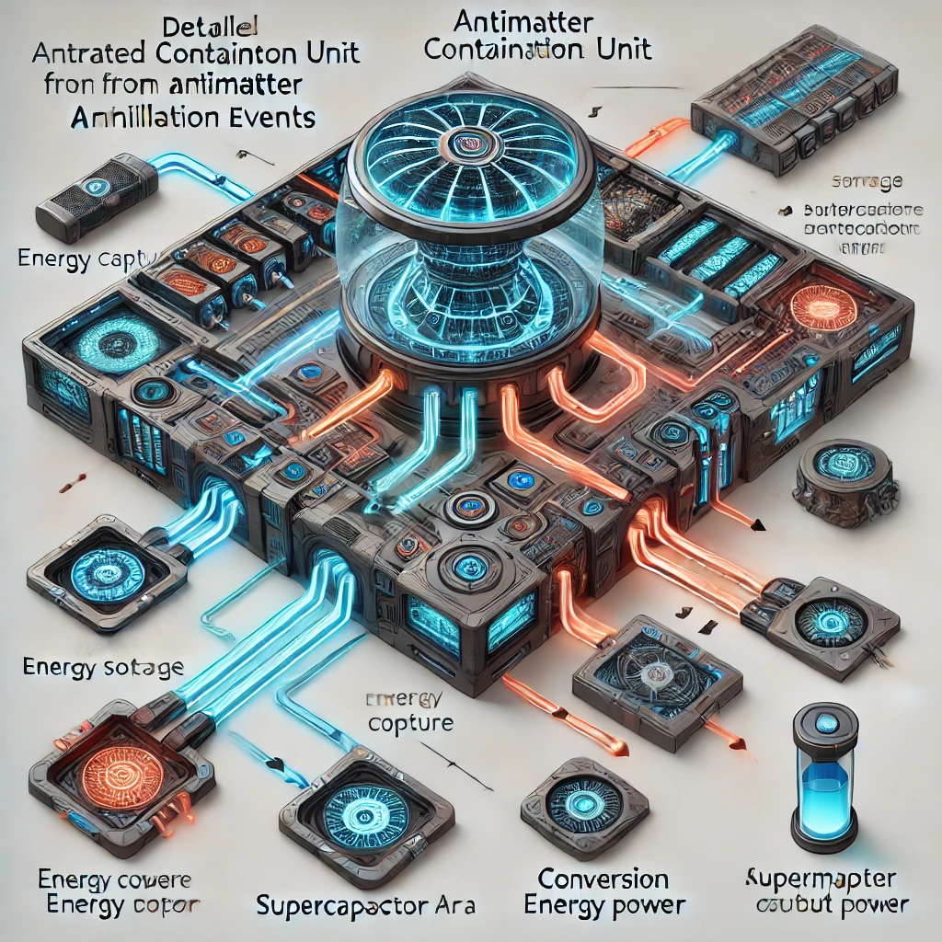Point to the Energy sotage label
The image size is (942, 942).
101,667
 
